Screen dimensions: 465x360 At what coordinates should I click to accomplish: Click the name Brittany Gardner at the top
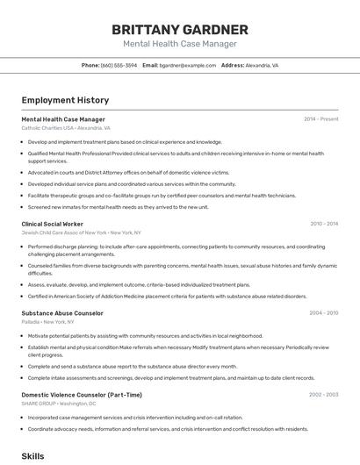[179, 30]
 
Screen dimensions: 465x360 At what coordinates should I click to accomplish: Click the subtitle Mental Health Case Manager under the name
[179, 43]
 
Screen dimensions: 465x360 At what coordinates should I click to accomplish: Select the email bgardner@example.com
[187, 65]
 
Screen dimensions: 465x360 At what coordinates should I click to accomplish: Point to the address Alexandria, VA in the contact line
[262, 65]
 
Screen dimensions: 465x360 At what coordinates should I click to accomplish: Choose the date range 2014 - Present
[320, 119]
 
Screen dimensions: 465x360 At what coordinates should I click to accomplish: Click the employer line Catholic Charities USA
[66, 128]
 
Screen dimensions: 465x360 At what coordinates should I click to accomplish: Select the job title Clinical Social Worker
[52, 224]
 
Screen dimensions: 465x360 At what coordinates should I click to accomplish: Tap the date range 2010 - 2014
[323, 224]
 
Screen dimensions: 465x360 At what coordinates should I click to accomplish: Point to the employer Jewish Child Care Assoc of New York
[81, 232]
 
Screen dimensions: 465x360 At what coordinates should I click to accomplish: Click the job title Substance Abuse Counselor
[62, 312]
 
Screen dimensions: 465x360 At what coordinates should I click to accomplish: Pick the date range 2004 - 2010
[323, 312]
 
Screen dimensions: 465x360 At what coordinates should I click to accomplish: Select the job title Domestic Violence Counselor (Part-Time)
[82, 395]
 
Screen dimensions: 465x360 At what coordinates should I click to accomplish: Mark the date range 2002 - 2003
[323, 395]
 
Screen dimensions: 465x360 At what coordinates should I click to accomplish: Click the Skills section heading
[32, 456]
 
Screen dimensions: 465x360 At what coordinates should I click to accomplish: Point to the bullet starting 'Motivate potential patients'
[145, 336]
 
